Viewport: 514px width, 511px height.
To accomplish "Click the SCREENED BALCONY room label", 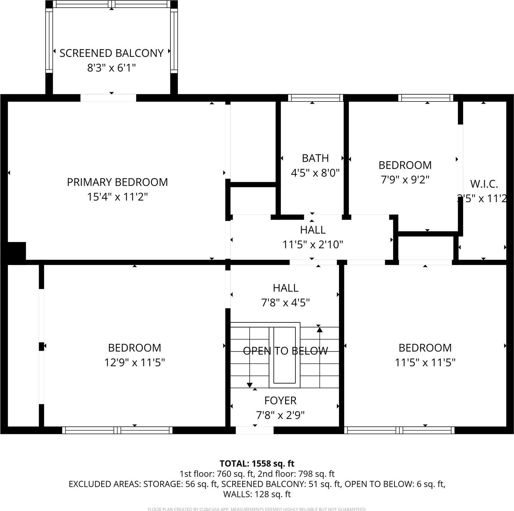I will point(111,53).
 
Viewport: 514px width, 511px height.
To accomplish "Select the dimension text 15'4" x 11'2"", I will point(117,197).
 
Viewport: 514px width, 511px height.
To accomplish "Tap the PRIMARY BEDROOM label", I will point(117,182).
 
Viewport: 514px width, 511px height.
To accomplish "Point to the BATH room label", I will point(315,158).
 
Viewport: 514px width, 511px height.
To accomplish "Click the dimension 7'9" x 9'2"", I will point(405,180).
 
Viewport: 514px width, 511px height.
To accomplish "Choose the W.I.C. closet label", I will point(484,184).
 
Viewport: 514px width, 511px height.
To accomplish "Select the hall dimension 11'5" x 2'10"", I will point(313,244).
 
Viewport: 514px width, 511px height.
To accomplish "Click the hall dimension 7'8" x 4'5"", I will point(285,303).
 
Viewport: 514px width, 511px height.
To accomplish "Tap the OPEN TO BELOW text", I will point(285,351).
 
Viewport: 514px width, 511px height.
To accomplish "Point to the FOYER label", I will point(280,400).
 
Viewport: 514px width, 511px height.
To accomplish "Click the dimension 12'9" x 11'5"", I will point(134,363).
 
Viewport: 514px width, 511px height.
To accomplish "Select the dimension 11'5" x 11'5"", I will point(425,363).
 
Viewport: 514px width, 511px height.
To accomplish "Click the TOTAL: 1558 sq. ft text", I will point(257,464).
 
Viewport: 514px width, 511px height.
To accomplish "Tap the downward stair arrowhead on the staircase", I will point(250,385).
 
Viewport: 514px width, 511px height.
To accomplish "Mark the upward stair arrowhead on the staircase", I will point(320,329).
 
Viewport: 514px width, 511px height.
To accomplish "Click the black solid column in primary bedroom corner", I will point(16,251).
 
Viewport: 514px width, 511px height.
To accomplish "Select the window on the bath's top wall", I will point(315,98).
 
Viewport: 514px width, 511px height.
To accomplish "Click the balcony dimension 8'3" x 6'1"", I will point(111,68).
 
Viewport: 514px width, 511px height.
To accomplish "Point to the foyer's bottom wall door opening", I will point(255,430).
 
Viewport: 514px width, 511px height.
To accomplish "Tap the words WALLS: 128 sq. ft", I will point(257,494).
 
